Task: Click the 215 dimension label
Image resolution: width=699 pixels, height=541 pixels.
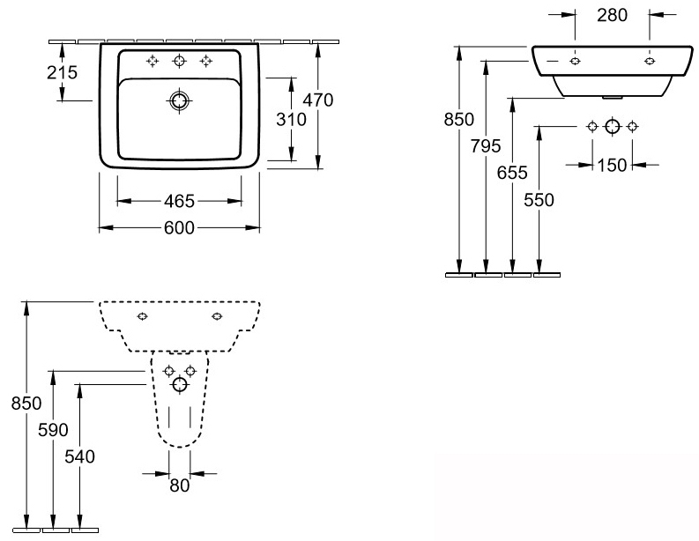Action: (62, 72)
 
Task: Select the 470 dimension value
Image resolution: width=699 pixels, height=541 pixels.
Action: (318, 100)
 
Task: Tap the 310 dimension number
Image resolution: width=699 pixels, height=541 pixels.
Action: (291, 120)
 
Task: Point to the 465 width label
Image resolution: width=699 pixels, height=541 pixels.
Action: (179, 202)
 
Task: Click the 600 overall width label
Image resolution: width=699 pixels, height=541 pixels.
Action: (179, 228)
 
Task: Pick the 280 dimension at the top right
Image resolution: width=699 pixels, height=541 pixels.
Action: (612, 15)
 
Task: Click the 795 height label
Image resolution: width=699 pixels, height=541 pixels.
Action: (486, 146)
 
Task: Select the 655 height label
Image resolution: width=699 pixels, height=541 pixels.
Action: (512, 173)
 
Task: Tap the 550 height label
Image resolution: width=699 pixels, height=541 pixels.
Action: (539, 200)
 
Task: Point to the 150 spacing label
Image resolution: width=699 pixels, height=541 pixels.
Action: (612, 166)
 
